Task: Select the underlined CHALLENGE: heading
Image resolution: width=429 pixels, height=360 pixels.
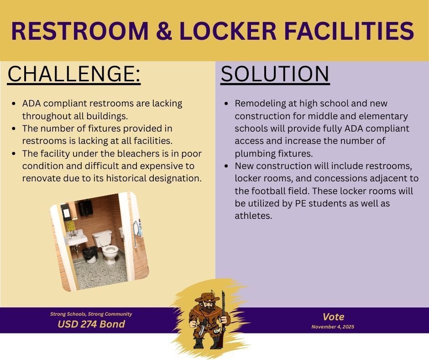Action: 74,74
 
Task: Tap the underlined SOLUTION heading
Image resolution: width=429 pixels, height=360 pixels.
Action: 275,74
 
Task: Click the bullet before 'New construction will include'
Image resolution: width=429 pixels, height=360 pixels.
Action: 227,166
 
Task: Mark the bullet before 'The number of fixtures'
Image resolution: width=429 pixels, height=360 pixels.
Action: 14,129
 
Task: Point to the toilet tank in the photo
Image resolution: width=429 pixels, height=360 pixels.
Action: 102,238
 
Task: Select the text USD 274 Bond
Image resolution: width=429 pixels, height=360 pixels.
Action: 91,324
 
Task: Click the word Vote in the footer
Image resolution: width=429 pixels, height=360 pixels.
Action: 333,317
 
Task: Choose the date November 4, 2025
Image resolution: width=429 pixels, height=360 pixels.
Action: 333,327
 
